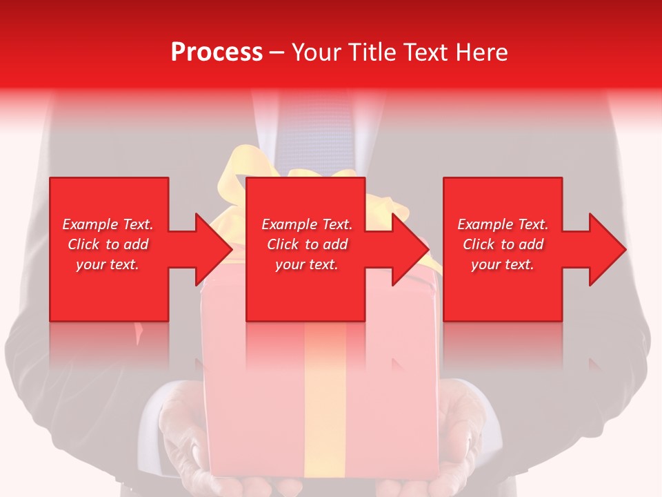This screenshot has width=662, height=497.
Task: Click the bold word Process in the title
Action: [217, 52]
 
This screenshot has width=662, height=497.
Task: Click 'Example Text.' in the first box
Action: [108, 224]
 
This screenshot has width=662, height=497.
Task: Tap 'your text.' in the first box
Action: [108, 264]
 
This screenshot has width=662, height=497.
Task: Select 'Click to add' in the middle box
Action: [307, 244]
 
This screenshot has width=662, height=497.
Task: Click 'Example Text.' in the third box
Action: [503, 224]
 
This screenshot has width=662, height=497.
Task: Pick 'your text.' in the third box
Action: [503, 264]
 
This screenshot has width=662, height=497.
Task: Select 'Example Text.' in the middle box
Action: [307, 224]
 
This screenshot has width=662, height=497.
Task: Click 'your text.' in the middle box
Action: [307, 264]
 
